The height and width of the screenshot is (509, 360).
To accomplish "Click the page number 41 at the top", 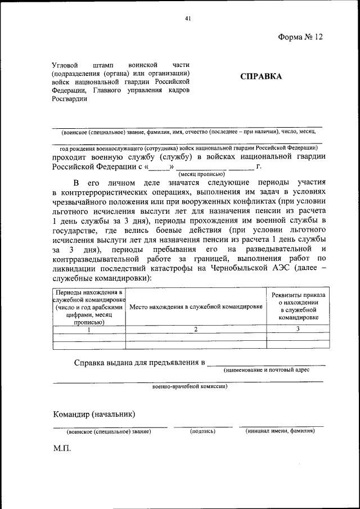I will click(x=188, y=19).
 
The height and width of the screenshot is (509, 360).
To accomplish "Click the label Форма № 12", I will click(x=301, y=37).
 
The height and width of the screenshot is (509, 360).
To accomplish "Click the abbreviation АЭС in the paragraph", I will click(x=294, y=269).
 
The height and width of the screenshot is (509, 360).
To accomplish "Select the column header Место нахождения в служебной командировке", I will click(x=196, y=307).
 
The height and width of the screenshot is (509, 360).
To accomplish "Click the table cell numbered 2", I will click(x=196, y=330).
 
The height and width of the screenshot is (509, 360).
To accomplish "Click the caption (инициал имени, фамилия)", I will click(x=280, y=431).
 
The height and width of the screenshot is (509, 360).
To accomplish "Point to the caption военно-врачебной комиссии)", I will click(x=190, y=387).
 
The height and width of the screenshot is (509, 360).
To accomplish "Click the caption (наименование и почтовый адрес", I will click(x=266, y=370).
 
